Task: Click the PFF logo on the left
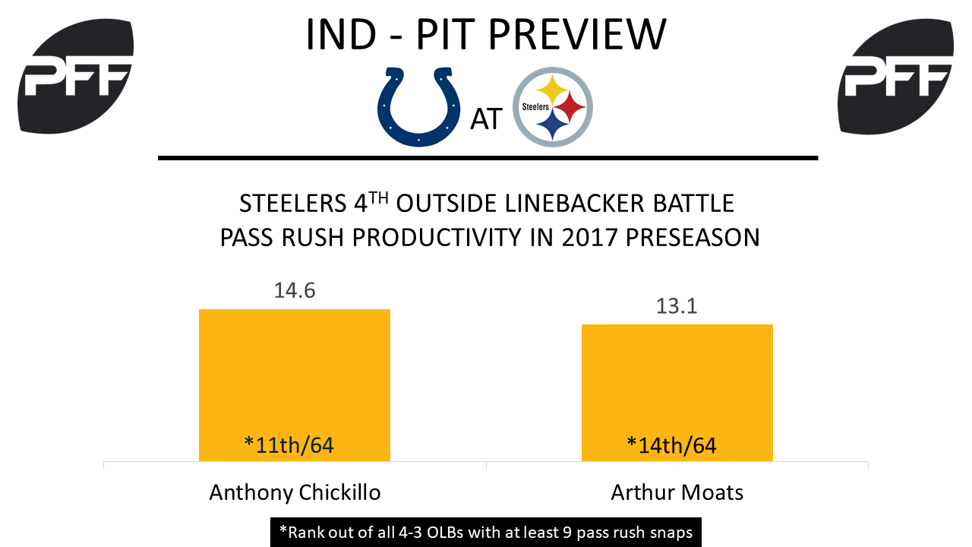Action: click(x=75, y=76)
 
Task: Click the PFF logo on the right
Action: click(x=895, y=76)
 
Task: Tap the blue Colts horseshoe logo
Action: click(x=418, y=107)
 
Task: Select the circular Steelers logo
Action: click(x=553, y=107)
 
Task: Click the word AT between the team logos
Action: click(x=487, y=119)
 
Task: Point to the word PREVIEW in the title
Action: click(x=577, y=35)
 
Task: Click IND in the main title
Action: click(x=341, y=35)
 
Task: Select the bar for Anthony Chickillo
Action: click(x=295, y=385)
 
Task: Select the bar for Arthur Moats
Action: click(x=677, y=393)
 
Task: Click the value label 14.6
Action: click(x=295, y=290)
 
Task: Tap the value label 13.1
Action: click(x=677, y=306)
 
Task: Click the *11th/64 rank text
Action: click(x=289, y=445)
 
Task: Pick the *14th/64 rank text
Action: click(x=672, y=445)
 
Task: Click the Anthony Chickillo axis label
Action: click(x=295, y=493)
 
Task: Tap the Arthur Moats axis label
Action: click(x=677, y=493)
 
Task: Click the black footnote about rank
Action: click(x=486, y=533)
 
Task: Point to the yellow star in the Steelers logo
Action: click(x=552, y=89)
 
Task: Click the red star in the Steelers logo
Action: click(x=570, y=107)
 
